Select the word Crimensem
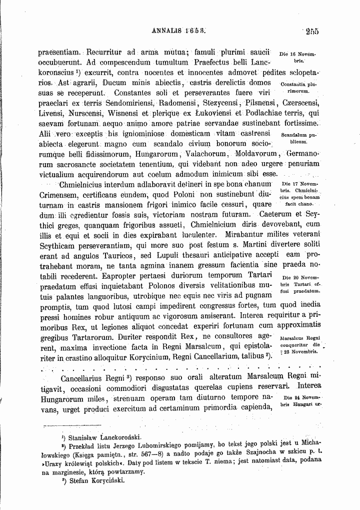[59, 194]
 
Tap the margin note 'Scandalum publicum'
[299, 138]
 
